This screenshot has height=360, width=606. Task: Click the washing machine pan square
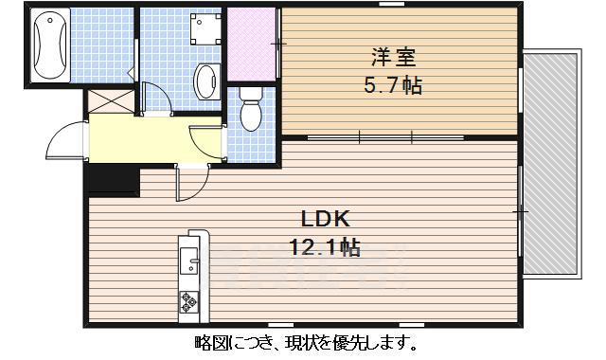(x=205, y=30)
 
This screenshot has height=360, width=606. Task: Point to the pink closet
(x=252, y=45)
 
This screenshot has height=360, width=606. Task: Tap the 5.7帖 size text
(x=392, y=85)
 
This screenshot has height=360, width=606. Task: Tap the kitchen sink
(x=188, y=258)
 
